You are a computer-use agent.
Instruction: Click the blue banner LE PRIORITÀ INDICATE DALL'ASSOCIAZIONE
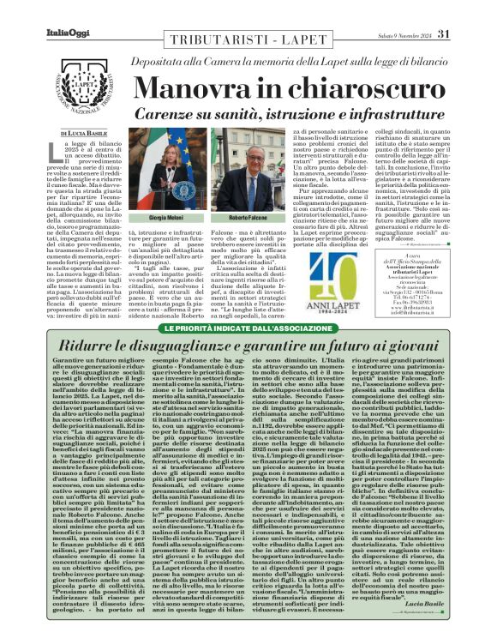(248, 329)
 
